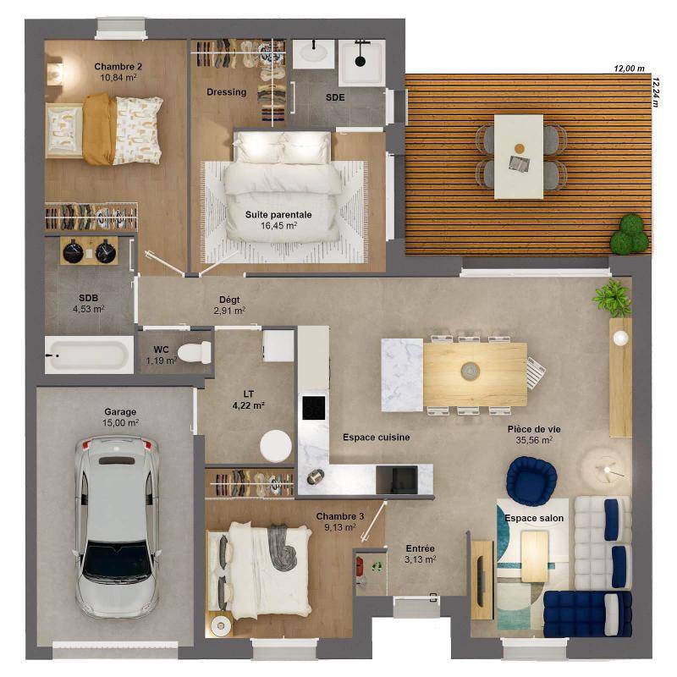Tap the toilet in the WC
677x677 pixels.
coord(195,352)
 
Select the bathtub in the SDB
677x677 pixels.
coord(89,355)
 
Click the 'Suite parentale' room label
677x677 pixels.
coord(278,215)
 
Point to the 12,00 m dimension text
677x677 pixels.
coord(629,69)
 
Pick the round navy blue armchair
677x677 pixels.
coord(532,481)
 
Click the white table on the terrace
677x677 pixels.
coord(519,157)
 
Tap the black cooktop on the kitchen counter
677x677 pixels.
coord(313,408)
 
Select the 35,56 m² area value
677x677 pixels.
coord(534,440)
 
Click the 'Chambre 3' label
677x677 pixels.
coord(340,516)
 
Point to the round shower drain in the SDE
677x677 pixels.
coord(361,60)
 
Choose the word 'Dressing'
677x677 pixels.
coord(226,92)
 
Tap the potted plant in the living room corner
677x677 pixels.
coord(613,298)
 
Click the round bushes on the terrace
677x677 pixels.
coord(630,234)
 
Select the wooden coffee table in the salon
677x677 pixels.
coord(535,556)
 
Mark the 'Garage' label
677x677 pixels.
coord(120,412)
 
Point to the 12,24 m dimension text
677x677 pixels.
coord(655,92)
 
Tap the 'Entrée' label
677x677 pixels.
coord(420,548)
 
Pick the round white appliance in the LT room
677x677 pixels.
coord(276,447)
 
